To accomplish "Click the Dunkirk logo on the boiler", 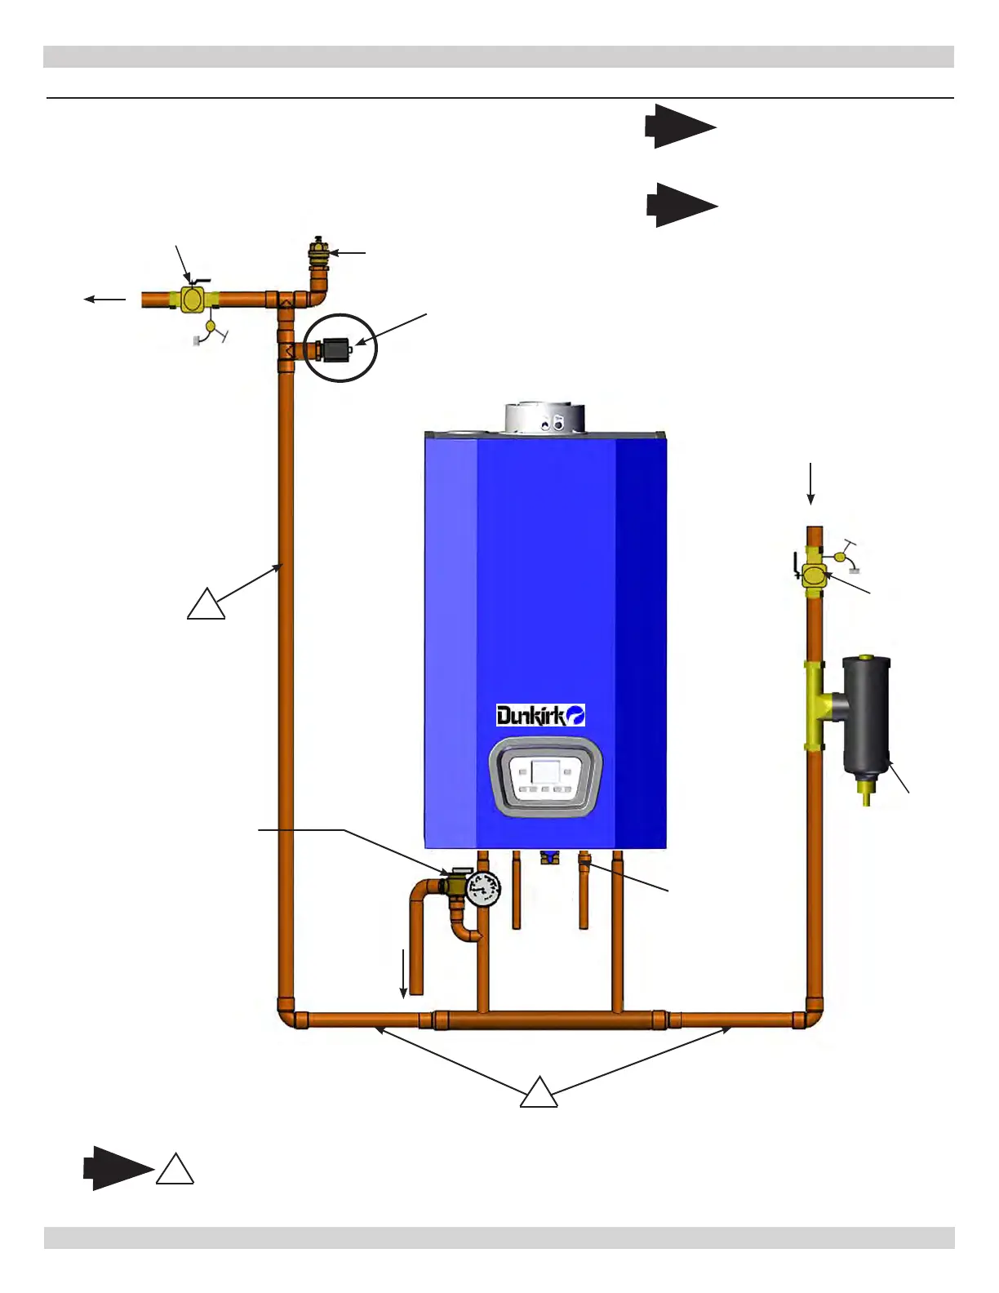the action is pyautogui.click(x=540, y=716).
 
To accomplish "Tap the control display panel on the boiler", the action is pyautogui.click(x=545, y=776).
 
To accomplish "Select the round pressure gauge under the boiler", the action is pyautogui.click(x=484, y=888).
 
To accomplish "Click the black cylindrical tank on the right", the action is pyautogui.click(x=866, y=713).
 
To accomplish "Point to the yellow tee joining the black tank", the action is pyautogui.click(x=817, y=705).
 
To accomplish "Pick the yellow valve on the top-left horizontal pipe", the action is pyautogui.click(x=194, y=300).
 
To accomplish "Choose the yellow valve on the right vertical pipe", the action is pyautogui.click(x=814, y=575).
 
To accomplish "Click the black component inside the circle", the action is pyautogui.click(x=334, y=349).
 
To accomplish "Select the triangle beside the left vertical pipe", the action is pyautogui.click(x=206, y=605).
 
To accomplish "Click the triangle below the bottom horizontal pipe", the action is pyautogui.click(x=539, y=1093).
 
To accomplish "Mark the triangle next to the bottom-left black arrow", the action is pyautogui.click(x=175, y=1170).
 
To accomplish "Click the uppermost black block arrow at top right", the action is pyautogui.click(x=680, y=127).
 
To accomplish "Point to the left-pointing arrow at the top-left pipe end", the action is pyautogui.click(x=105, y=300).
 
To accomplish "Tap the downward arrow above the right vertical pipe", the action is pyautogui.click(x=810, y=483).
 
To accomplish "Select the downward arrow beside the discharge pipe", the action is pyautogui.click(x=403, y=974).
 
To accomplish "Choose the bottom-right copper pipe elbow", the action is pyautogui.click(x=812, y=1016).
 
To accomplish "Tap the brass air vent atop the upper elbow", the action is pyautogui.click(x=317, y=249).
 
